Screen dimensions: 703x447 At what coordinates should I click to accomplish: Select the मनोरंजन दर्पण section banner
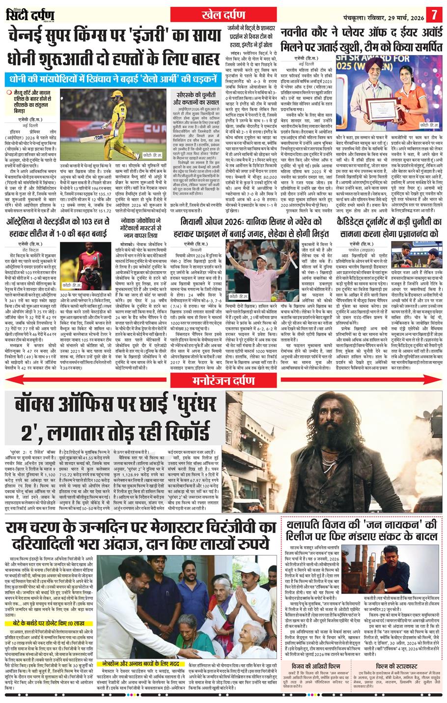click(x=223, y=365)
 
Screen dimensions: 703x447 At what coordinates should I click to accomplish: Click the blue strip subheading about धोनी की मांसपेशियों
click(x=113, y=79)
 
